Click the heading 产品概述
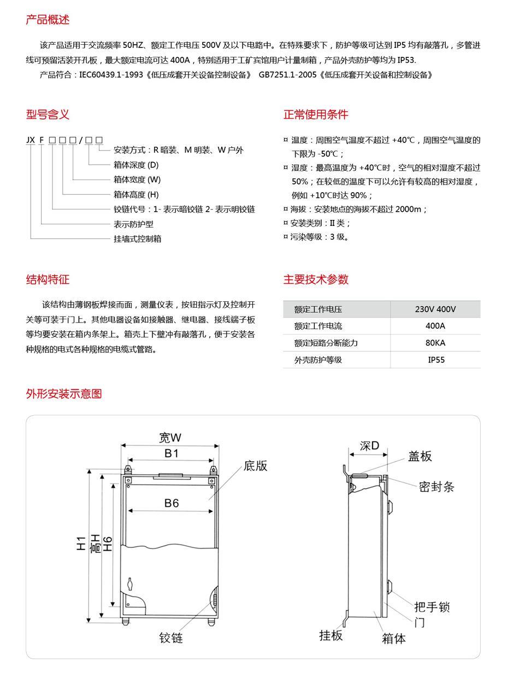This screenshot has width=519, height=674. [48, 20]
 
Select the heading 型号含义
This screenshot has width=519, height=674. [48, 115]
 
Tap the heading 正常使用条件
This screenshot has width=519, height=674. [316, 115]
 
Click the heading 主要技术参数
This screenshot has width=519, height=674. [316, 279]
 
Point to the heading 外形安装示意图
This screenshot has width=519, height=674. [64, 393]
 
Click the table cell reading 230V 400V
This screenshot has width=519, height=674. [435, 309]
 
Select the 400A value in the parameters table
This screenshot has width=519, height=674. [435, 326]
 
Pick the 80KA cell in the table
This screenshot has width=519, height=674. [435, 343]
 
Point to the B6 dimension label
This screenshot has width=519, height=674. [172, 504]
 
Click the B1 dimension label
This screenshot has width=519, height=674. [172, 453]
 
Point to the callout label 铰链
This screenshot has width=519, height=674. [171, 637]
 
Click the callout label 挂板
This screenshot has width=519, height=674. [331, 635]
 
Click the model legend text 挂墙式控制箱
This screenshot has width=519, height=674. [137, 238]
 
